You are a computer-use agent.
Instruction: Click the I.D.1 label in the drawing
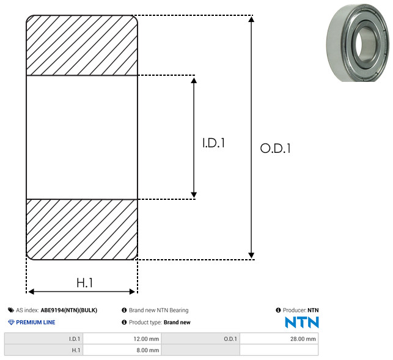tap(213, 143)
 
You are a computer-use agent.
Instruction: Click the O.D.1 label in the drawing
tap(276, 148)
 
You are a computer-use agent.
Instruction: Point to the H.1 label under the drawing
tap(85, 283)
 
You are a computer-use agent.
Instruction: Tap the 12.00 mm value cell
tap(122, 339)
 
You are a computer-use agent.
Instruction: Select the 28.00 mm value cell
tap(279, 339)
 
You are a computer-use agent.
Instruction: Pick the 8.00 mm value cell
tap(122, 350)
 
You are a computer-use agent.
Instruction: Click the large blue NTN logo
tap(302, 322)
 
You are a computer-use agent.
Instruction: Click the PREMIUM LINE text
tap(35, 322)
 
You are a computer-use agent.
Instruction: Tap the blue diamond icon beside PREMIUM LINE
tap(11, 322)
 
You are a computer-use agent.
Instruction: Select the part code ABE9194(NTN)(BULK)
tap(69, 310)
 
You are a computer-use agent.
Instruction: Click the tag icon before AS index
tap(11, 310)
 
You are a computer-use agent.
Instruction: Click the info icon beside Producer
tap(278, 310)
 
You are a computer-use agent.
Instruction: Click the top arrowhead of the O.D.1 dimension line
tap(251, 19)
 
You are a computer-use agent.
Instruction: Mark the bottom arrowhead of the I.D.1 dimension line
tap(194, 195)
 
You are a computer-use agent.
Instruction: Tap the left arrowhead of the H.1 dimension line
tap(31, 292)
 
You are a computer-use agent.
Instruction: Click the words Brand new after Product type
tap(177, 322)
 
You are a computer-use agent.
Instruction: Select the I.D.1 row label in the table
tap(75, 339)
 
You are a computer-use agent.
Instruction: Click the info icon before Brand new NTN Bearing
tap(124, 310)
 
